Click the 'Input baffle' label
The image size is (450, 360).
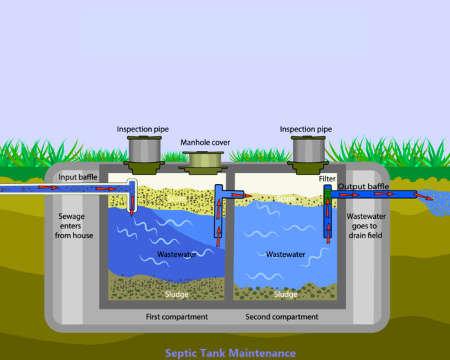click(x=78, y=177)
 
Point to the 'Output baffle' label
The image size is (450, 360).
click(x=363, y=187)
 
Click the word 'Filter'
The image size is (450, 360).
click(x=327, y=179)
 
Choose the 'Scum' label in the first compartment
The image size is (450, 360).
click(x=177, y=199)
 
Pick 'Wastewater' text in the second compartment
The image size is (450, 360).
click(x=285, y=254)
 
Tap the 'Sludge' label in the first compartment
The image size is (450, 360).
click(x=177, y=294)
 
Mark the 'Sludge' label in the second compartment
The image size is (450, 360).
click(x=285, y=294)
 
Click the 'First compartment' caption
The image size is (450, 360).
click(x=177, y=317)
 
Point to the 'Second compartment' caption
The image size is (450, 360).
click(x=282, y=317)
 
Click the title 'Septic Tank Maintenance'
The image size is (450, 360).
click(x=230, y=353)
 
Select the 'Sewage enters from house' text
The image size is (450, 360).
click(x=74, y=226)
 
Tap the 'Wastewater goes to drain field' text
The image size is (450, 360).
click(x=366, y=226)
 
